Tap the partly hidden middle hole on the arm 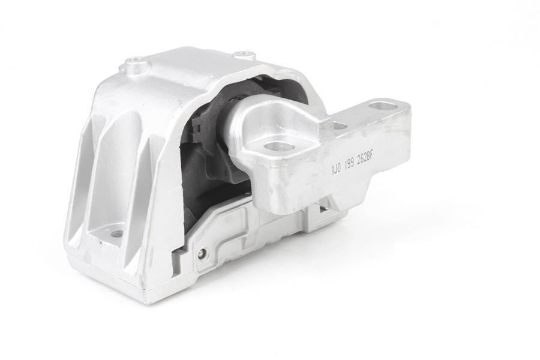339,126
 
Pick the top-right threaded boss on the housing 244,55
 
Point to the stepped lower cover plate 240,234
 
